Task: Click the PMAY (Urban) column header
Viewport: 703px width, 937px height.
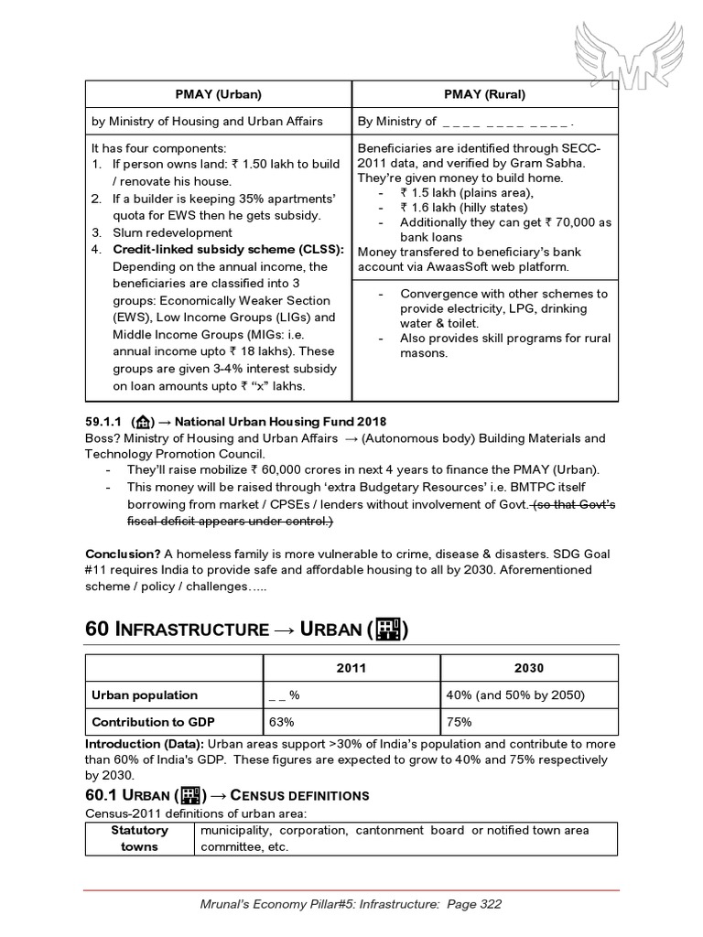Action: [x=218, y=94]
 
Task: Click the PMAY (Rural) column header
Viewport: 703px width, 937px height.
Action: [x=484, y=94]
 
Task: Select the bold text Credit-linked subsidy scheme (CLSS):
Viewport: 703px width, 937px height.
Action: [x=228, y=250]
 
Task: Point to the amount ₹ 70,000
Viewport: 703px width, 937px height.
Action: [x=569, y=222]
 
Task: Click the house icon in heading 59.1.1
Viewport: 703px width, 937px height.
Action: [x=142, y=422]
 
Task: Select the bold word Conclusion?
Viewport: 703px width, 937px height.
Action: [x=123, y=554]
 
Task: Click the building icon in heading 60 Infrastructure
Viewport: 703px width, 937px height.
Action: [x=389, y=629]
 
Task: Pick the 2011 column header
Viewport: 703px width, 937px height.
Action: [x=351, y=669]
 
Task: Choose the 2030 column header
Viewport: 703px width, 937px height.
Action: [x=529, y=669]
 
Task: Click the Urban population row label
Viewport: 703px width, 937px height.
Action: [x=144, y=695]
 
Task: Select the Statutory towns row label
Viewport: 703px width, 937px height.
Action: [x=139, y=838]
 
